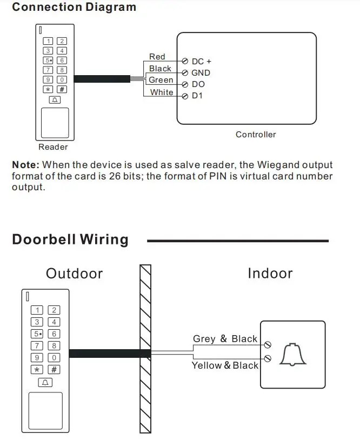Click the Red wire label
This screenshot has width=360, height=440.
(x=157, y=57)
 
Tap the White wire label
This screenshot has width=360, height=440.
(x=162, y=92)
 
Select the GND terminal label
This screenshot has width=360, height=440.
(x=201, y=73)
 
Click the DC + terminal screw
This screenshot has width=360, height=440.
(x=185, y=61)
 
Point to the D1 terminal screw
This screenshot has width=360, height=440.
(x=185, y=96)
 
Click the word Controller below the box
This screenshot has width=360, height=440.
(x=256, y=135)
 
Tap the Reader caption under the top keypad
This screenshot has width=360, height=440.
(x=53, y=147)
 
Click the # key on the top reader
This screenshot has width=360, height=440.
(x=62, y=89)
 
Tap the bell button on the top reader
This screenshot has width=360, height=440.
(x=55, y=100)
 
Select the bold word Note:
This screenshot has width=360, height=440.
(x=26, y=165)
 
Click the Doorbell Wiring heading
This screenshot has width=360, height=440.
(x=70, y=240)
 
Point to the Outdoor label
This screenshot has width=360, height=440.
(x=75, y=274)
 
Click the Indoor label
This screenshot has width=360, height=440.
(x=270, y=274)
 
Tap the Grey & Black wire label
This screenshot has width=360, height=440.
(x=225, y=339)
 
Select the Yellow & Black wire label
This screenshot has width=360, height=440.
(x=225, y=365)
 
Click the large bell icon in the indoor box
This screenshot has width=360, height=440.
(x=292, y=355)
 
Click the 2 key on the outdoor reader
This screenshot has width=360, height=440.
(x=54, y=310)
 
